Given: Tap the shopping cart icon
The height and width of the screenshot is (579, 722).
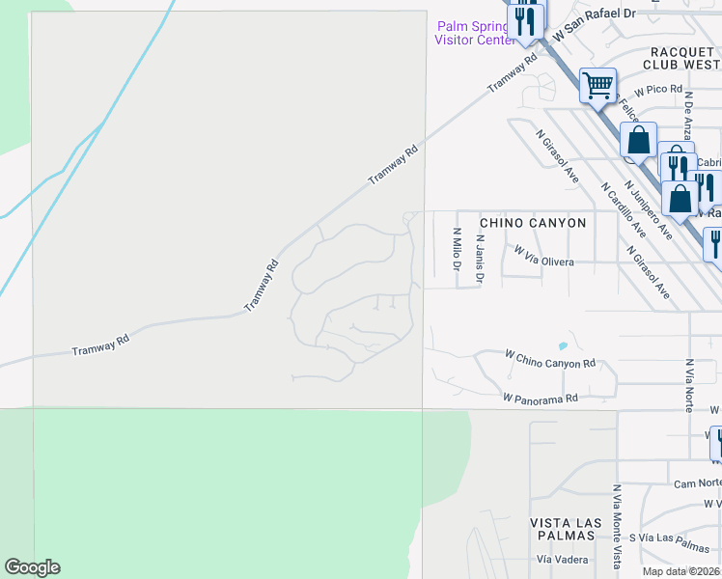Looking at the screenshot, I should pos(598,85).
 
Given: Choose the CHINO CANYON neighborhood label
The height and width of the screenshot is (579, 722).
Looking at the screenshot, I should pos(533,223).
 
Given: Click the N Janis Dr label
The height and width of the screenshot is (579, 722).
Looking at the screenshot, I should pos(480,258).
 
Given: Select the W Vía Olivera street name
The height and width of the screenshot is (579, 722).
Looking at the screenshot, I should pos(544,255).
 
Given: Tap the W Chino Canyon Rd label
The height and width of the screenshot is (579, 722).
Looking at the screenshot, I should pos(550,358).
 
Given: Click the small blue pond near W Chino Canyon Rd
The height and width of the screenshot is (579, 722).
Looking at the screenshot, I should pos(562,345).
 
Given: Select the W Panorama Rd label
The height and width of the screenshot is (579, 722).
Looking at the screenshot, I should pos(540,398).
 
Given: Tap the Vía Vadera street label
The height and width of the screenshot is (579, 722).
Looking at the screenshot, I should pos(557,560).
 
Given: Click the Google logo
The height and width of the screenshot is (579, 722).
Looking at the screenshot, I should pos(32,567).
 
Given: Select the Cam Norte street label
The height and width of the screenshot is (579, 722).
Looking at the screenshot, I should pos(697,483).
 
